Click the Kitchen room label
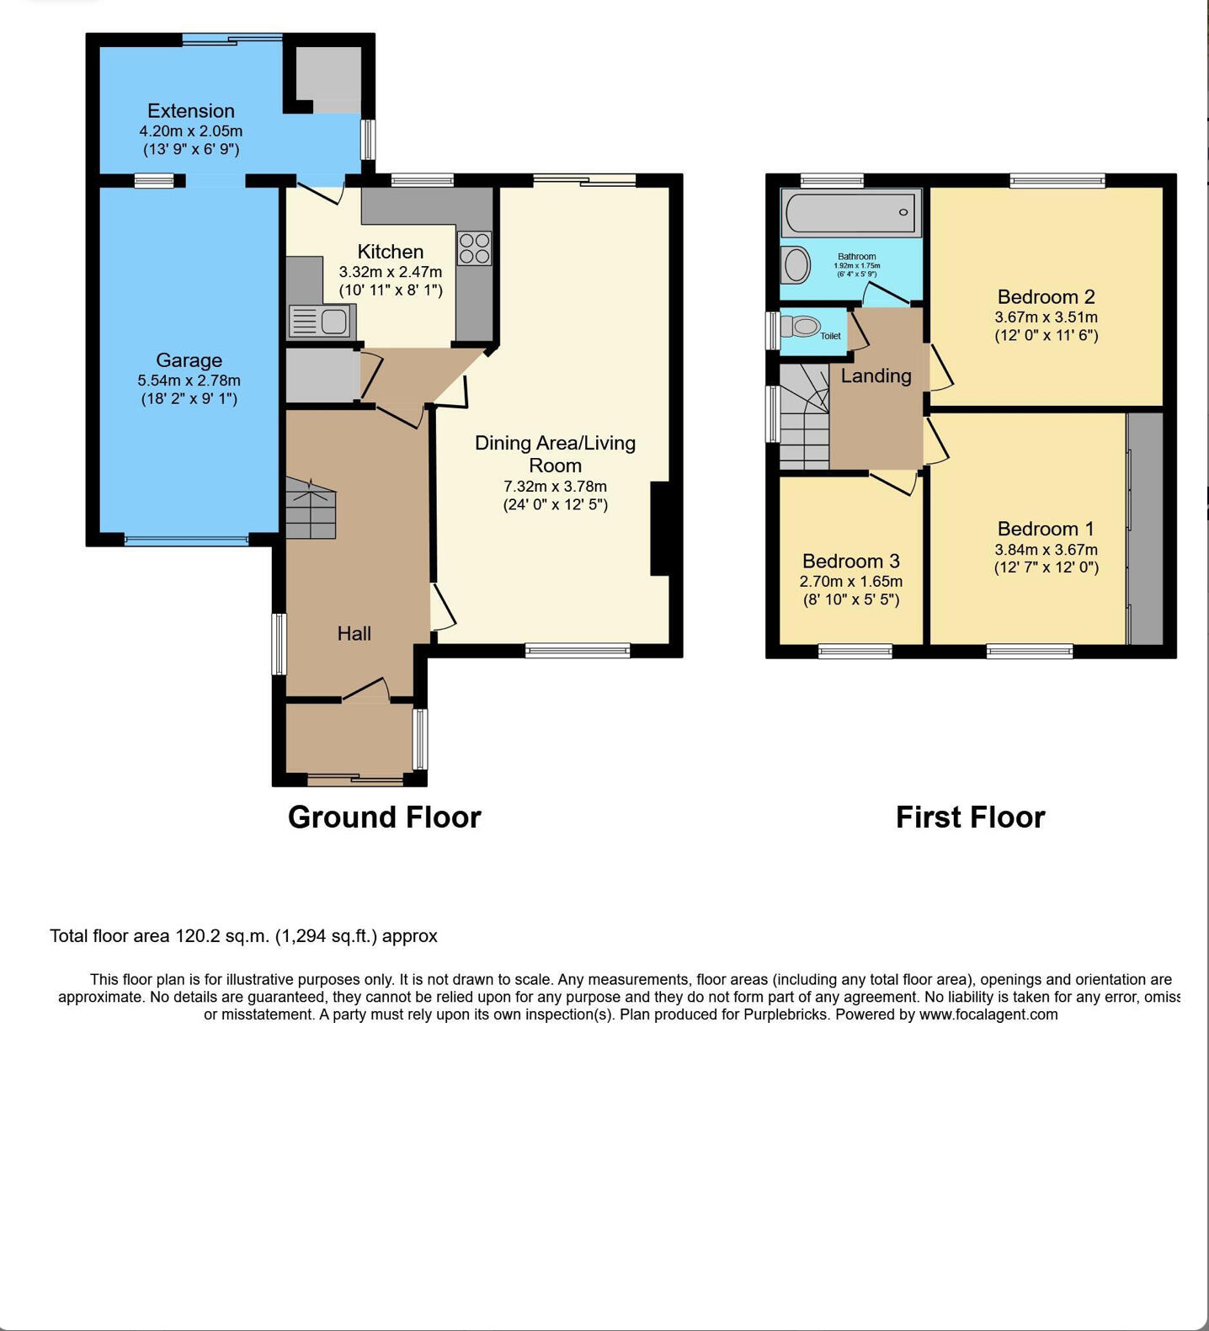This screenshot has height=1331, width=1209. pyautogui.click(x=390, y=252)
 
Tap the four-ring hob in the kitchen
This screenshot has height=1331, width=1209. pyautogui.click(x=474, y=248)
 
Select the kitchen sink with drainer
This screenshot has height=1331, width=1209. pyautogui.click(x=322, y=322)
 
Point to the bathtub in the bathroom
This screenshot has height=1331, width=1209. pyautogui.click(x=850, y=212)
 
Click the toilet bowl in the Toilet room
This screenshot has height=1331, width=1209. pyautogui.click(x=803, y=325)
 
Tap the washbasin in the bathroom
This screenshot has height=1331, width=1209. pyautogui.click(x=796, y=265)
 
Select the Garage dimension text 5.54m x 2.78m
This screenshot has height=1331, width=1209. pyautogui.click(x=189, y=381)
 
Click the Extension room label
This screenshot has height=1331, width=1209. pyautogui.click(x=191, y=111)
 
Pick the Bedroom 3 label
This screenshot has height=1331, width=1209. pyautogui.click(x=850, y=561)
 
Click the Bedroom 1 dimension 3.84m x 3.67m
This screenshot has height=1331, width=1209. pyautogui.click(x=1046, y=550)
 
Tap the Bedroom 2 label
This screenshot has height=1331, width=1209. pyautogui.click(x=1046, y=296)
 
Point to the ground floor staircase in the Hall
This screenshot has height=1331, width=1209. pyautogui.click(x=311, y=508)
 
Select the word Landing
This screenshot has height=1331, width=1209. pyautogui.click(x=876, y=375)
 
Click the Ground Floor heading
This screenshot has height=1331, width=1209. pyautogui.click(x=384, y=817)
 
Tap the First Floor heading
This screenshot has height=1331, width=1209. pyautogui.click(x=970, y=817)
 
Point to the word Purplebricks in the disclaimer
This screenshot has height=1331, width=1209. pyautogui.click(x=786, y=1014)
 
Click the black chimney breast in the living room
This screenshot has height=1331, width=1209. pyautogui.click(x=660, y=529)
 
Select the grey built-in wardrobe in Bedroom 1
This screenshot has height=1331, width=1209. pyautogui.click(x=1145, y=529)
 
